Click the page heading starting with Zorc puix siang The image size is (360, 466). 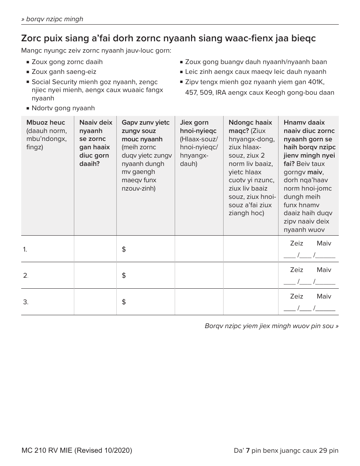pos(168,38)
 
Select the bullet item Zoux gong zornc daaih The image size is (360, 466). pos(67,62)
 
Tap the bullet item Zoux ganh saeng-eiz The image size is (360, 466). pos(64,72)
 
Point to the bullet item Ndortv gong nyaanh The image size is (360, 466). pos(63,108)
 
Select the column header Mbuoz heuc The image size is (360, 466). pos(45,122)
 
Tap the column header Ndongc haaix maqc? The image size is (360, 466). pos(250,127)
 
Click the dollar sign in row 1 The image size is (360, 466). pos(124,249)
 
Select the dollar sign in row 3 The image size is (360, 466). pos(124,302)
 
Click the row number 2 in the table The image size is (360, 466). pos(25,275)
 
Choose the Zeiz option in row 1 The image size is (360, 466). pos(296,243)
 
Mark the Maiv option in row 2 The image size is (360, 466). pos(324,270)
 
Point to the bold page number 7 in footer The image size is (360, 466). pos(248,450)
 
